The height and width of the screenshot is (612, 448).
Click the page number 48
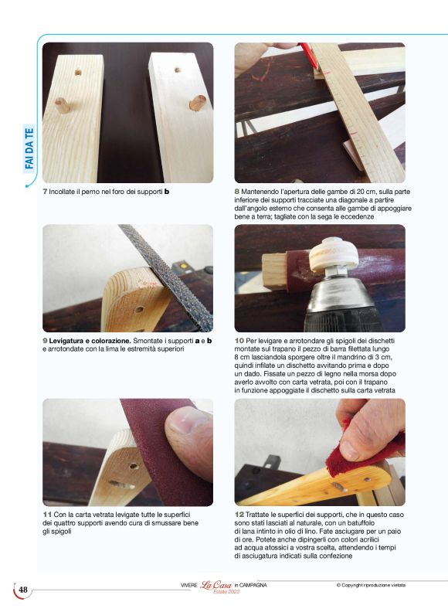pos(23,590)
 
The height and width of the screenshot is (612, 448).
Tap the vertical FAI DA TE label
pos(29,149)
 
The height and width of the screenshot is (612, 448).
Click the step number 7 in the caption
pos(45,192)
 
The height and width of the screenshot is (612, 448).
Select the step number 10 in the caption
pos(239,341)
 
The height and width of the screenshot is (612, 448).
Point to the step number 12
pos(239,515)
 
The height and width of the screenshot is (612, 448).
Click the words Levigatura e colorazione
pos(90,341)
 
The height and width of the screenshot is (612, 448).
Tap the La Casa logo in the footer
pos(216,585)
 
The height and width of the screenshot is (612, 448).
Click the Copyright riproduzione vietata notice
pos(371,585)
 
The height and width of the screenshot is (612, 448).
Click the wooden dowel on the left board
pos(63,105)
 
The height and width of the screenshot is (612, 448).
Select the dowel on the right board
pos(198,103)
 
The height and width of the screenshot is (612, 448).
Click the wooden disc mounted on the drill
pos(334,256)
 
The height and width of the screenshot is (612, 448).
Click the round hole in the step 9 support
pos(139,310)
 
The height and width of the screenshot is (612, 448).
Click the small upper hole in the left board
pos(78,72)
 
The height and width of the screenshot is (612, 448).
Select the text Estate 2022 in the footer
pos(226,591)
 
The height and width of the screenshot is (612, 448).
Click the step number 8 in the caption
pos(236,192)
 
